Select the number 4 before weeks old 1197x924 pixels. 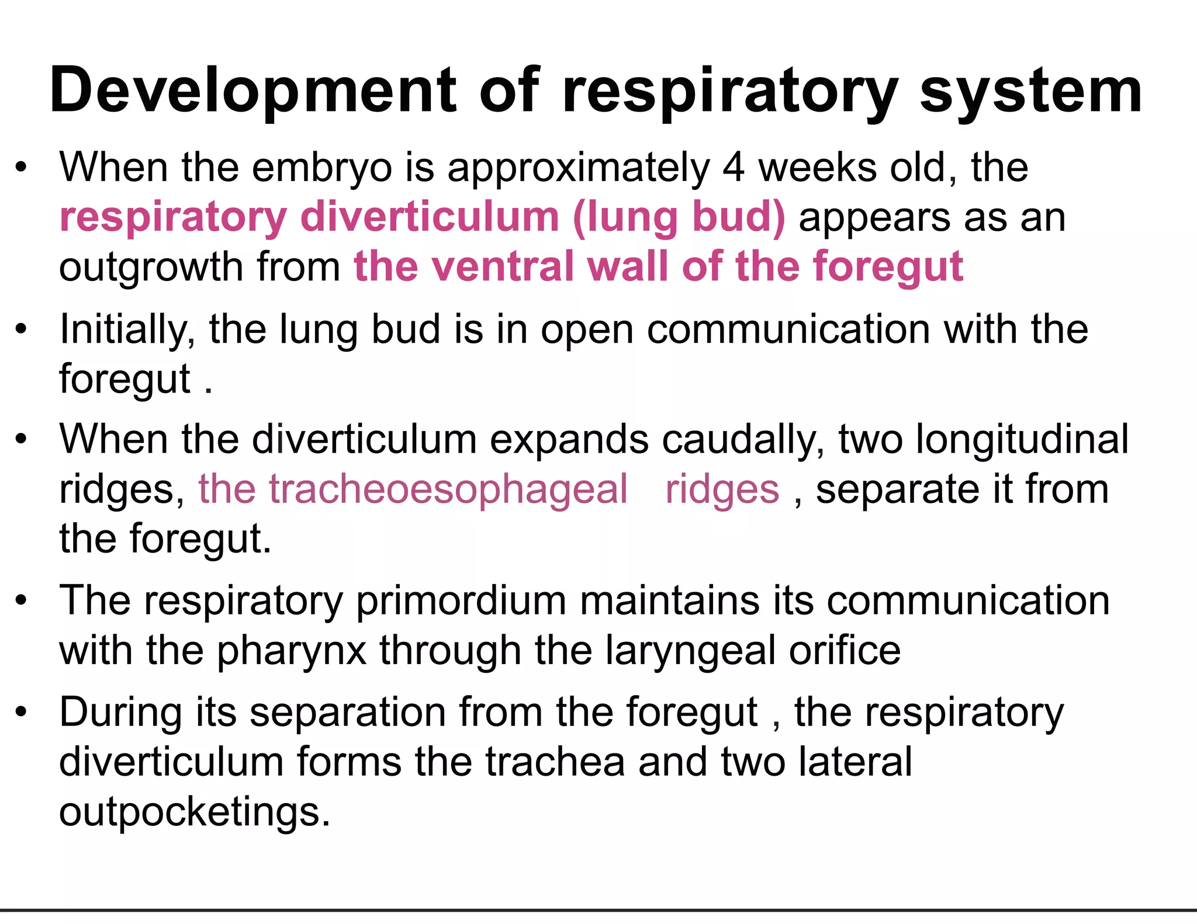pyautogui.click(x=734, y=168)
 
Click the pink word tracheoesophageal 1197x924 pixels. pyautogui.click(x=413, y=489)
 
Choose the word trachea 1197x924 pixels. pyautogui.click(x=555, y=762)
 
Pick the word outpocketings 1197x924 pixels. pyautogui.click(x=194, y=812)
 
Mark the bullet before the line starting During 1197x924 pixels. pyautogui.click(x=22, y=711)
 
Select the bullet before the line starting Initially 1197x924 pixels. pyautogui.click(x=22, y=329)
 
